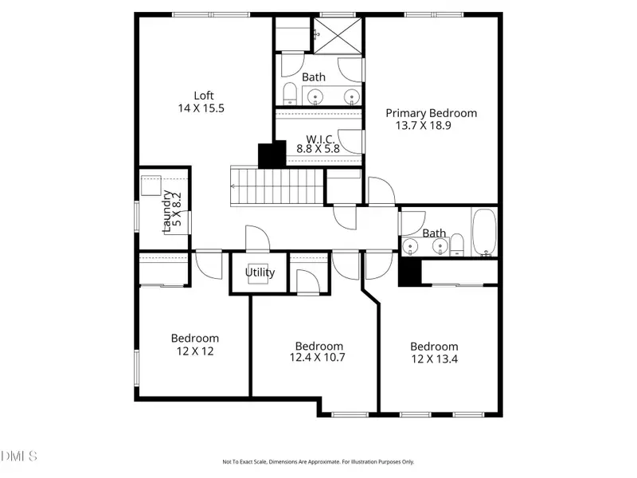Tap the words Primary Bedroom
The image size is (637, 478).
tap(431, 112)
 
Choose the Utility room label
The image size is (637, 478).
tap(260, 272)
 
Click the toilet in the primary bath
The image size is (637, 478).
tap(289, 95)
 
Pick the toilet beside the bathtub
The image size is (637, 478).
tap(457, 244)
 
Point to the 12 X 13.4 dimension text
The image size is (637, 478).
tap(434, 359)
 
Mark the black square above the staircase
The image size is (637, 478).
tap(272, 154)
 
